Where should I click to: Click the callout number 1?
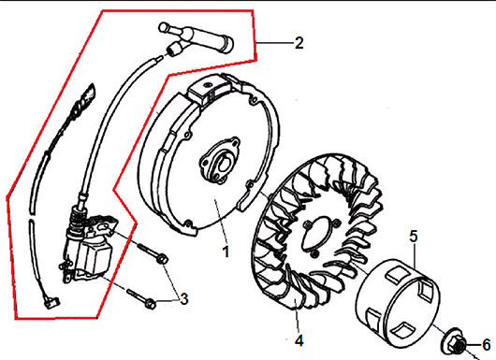coord(226,252)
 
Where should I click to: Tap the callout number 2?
coord(299,43)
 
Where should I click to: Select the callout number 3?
coord(184,299)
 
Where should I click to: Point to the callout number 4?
coord(299,340)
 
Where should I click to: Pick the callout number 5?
coord(414,236)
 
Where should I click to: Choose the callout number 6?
coord(487,345)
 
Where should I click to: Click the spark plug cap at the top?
coord(197,38)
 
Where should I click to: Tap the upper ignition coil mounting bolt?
coord(153,252)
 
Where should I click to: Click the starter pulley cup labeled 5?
coord(398,303)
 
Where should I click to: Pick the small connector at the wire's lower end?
coord(51,302)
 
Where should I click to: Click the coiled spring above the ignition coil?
coord(79,218)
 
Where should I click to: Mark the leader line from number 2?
coord(274,42)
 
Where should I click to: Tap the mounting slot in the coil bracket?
coord(104,226)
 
